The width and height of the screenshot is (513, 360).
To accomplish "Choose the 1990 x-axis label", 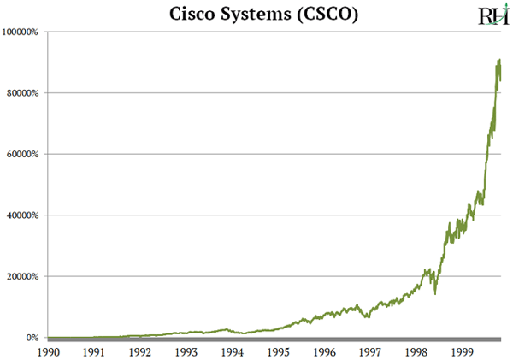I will point(48,351).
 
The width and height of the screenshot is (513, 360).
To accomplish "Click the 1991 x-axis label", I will point(94,351).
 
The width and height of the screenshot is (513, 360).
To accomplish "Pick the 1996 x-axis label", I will point(324,351).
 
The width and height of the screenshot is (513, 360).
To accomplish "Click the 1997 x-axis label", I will point(370,351).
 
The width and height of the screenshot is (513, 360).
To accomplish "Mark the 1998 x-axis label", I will point(416,351).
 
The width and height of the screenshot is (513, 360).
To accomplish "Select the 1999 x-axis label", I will point(463,351).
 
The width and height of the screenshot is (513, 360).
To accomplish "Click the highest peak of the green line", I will point(499,60).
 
